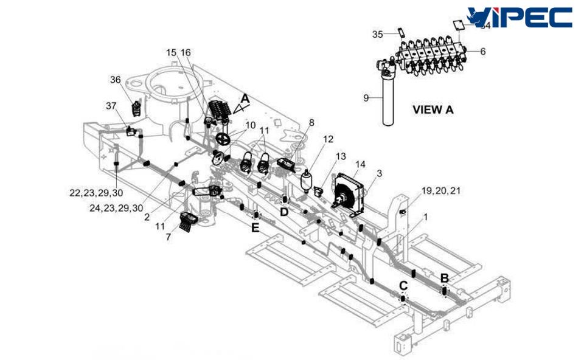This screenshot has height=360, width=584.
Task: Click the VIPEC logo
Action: [520, 16]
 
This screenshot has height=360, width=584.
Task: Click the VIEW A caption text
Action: [433, 110]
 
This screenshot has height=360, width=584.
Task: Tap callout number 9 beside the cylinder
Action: [366, 97]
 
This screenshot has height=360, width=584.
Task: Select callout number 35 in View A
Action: [378, 35]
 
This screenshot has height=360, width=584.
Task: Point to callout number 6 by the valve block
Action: [482, 52]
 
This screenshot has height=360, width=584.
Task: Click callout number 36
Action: [116, 80]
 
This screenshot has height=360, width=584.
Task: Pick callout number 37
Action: [111, 106]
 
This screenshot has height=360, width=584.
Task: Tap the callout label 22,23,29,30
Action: [96, 192]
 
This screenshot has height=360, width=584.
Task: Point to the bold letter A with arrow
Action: [245, 97]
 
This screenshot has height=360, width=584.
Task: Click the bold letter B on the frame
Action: [445, 278]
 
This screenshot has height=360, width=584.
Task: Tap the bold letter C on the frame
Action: [403, 285]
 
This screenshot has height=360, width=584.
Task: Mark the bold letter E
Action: [255, 227]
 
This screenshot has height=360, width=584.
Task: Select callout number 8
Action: [311, 123]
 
